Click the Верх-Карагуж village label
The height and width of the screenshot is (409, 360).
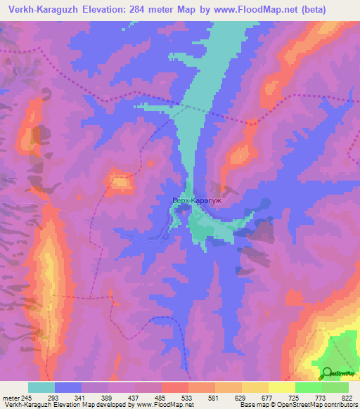[198, 200]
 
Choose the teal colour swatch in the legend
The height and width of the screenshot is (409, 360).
[41, 387]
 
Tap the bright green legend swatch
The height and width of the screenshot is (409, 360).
[308, 387]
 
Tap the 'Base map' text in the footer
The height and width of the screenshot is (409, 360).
[252, 405]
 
